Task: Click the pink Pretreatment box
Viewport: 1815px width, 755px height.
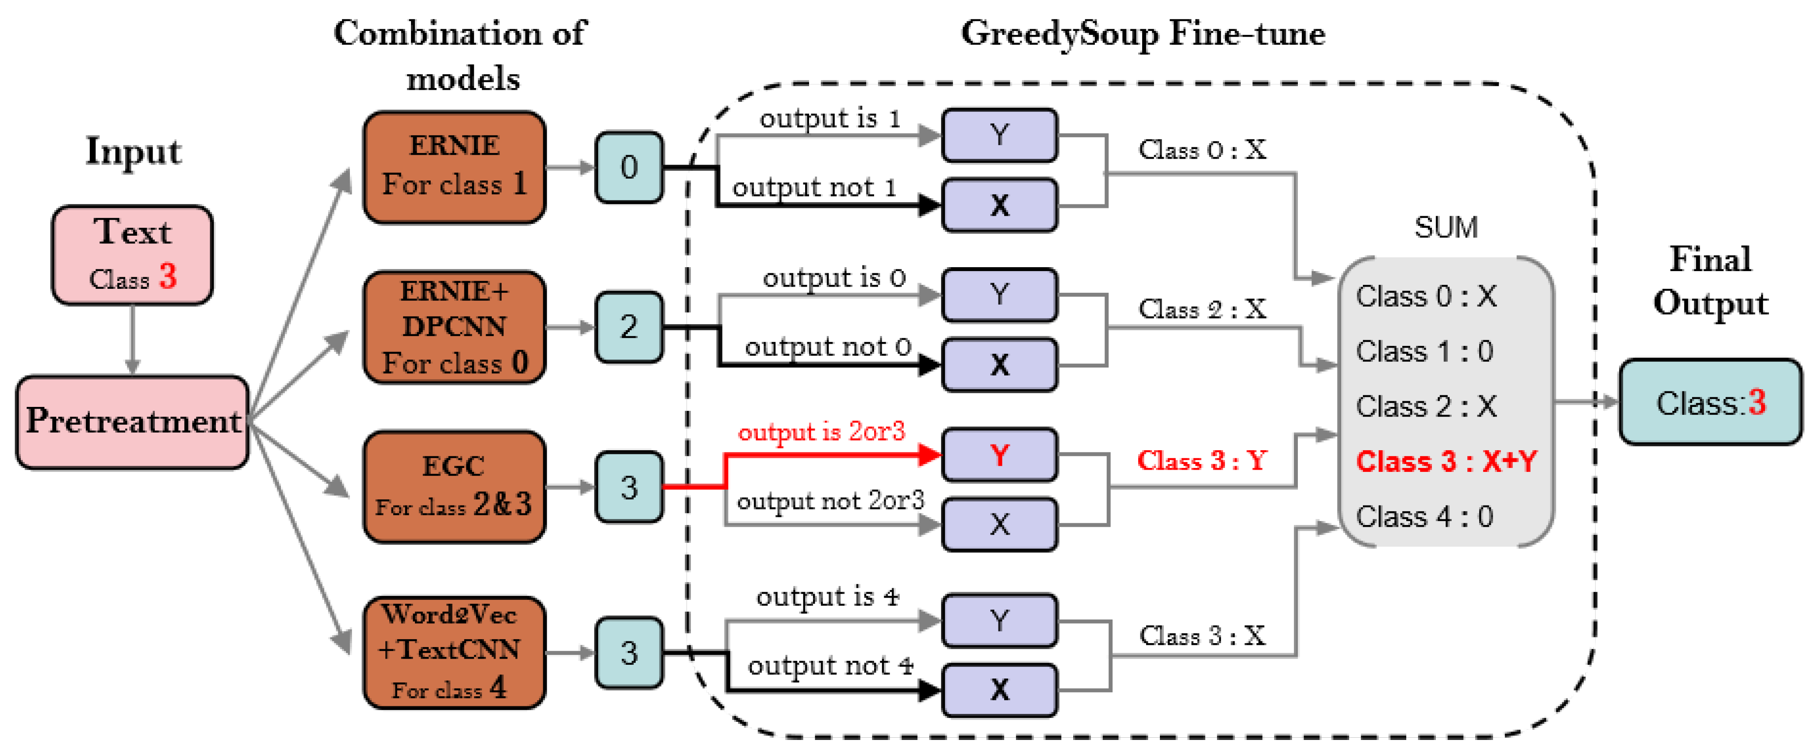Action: (132, 421)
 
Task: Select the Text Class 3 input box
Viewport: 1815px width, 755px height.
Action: (132, 254)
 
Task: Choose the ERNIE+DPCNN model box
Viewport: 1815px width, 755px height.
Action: (454, 327)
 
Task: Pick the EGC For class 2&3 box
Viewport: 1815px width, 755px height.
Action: (454, 486)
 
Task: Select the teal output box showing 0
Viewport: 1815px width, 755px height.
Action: (629, 167)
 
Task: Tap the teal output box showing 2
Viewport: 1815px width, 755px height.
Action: (629, 327)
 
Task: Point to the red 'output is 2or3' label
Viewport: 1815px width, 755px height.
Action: (821, 431)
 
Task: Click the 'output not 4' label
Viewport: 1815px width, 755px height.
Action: (830, 665)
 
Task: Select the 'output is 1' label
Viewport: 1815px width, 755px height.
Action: (830, 119)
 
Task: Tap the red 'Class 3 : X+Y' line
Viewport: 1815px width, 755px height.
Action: (1446, 461)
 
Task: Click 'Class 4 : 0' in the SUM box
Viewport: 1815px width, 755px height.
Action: (1425, 516)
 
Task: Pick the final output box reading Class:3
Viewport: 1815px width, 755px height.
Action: (1710, 402)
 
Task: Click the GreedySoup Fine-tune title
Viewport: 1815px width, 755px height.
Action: (1143, 34)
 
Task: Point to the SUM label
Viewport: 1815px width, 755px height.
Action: (1446, 227)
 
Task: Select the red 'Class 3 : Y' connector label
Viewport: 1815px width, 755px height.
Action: (1202, 460)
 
